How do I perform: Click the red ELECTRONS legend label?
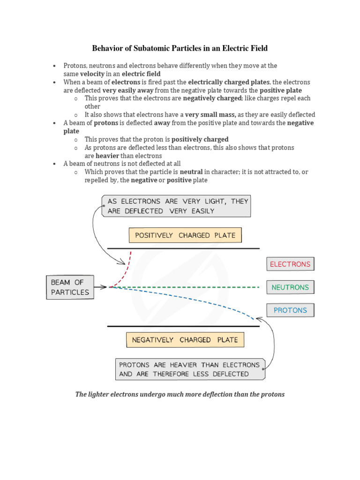pyautogui.click(x=290, y=264)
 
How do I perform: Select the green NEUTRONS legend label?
pyautogui.click(x=290, y=287)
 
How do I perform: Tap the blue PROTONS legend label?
pyautogui.click(x=290, y=310)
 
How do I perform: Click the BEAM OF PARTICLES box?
pyautogui.click(x=69, y=287)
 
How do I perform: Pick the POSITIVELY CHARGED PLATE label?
pyautogui.click(x=185, y=235)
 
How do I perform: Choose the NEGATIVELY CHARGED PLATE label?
pyautogui.click(x=185, y=340)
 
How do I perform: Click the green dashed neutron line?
pyautogui.click(x=187, y=287)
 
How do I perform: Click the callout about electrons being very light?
pyautogui.click(x=176, y=206)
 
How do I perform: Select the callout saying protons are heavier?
pyautogui.click(x=189, y=369)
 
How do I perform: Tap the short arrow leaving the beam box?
pyautogui.click(x=100, y=287)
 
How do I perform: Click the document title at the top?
pyautogui.click(x=180, y=48)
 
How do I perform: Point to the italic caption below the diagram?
pyautogui.click(x=180, y=394)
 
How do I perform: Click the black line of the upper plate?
pyautogui.click(x=183, y=248)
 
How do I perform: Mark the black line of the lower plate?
pyautogui.click(x=183, y=326)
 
